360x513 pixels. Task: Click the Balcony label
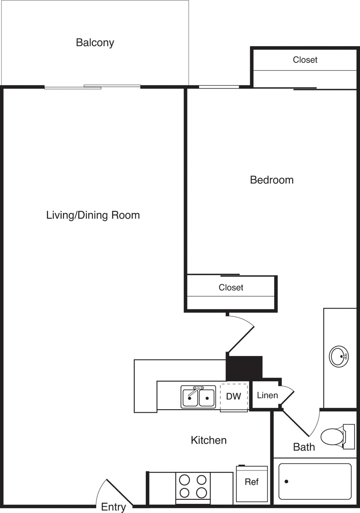(x=95, y=42)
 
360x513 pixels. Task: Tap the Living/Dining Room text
(x=93, y=215)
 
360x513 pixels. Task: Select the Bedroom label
(x=271, y=180)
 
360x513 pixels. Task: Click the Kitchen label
(x=208, y=440)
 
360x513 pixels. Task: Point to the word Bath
(x=304, y=447)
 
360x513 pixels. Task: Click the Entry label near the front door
(x=113, y=507)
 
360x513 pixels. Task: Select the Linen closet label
(x=267, y=396)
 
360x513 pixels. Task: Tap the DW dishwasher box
(x=234, y=397)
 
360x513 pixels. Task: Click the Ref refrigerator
(x=252, y=483)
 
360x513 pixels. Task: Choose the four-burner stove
(x=193, y=486)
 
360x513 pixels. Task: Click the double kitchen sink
(x=198, y=397)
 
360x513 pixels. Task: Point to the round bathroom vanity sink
(x=339, y=356)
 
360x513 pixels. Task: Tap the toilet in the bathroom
(x=334, y=437)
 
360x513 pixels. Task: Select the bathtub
(x=315, y=481)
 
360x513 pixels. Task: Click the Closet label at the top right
(x=305, y=60)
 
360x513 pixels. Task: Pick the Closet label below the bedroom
(x=231, y=288)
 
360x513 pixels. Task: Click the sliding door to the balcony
(x=93, y=87)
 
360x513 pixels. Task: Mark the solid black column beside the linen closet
(x=245, y=367)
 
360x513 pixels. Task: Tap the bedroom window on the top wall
(x=219, y=87)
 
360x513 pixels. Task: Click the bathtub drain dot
(x=286, y=481)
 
